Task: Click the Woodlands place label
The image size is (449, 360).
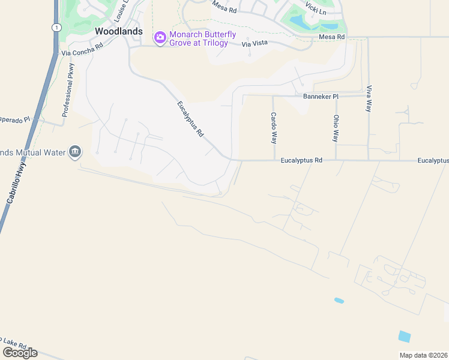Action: [119, 31]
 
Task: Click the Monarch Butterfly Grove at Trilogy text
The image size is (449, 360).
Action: [199, 39]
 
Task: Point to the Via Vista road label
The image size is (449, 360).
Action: [254, 44]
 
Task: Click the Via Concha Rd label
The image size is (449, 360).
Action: [82, 49]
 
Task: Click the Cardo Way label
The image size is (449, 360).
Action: [274, 128]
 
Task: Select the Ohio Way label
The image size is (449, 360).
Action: [337, 128]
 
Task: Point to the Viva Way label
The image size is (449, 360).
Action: [369, 98]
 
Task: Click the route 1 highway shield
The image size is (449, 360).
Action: [56, 28]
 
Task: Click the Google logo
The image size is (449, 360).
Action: [20, 352]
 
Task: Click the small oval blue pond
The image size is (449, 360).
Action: [339, 300]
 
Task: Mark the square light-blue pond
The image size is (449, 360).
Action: [405, 337]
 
